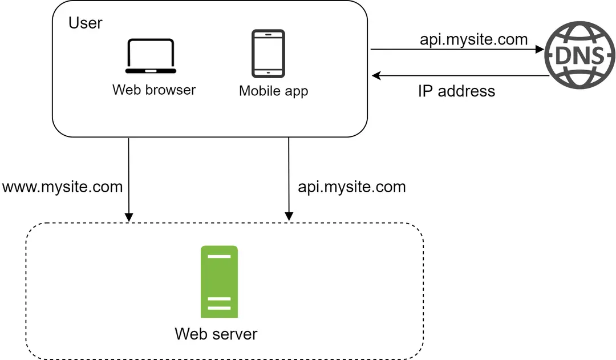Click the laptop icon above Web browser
point(151,56)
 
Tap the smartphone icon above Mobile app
point(268,53)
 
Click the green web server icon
point(219,281)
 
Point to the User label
point(85,23)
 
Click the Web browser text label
point(154,90)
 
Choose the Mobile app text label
point(273,91)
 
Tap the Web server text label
point(216,334)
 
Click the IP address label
point(456,91)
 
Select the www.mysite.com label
point(62,187)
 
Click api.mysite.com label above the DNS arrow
point(473,39)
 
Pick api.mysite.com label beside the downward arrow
point(352,187)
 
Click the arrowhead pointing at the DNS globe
point(539,50)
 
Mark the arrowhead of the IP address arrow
point(375,75)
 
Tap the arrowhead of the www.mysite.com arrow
point(129,217)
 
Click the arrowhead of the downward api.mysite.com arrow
point(289,217)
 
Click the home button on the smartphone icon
point(268,72)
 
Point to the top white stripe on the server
point(219,257)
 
